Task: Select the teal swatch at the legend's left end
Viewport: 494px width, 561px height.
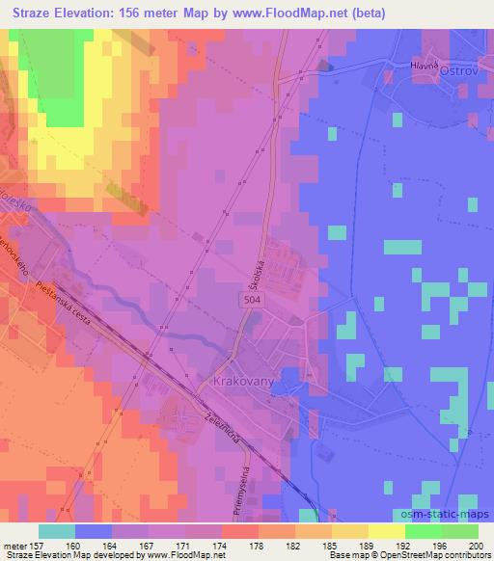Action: (57, 530)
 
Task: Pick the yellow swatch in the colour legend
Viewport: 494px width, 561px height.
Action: (386, 530)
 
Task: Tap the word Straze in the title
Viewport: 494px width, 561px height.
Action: (27, 10)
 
